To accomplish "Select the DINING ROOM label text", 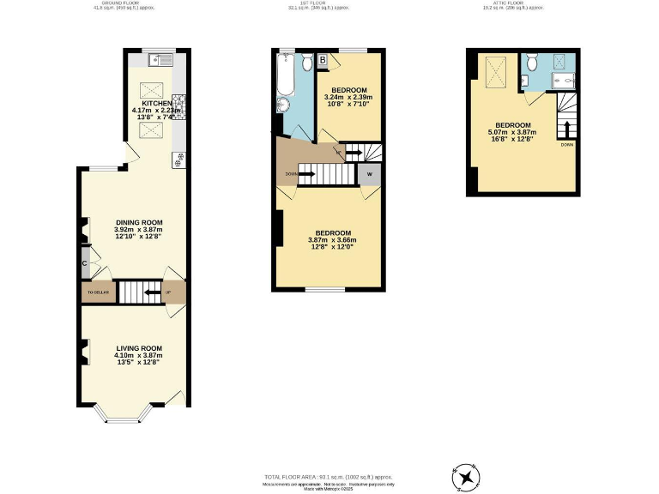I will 138,222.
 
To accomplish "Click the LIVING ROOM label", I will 139,348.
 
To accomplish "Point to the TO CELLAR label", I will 96,293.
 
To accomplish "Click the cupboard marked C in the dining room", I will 86,264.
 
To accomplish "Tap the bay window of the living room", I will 121,417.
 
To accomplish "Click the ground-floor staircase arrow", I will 151,292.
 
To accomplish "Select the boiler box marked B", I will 323,60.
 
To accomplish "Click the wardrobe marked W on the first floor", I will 370,174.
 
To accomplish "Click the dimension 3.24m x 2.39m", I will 349,98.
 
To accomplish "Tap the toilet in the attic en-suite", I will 531,63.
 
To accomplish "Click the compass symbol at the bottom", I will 467,475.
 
